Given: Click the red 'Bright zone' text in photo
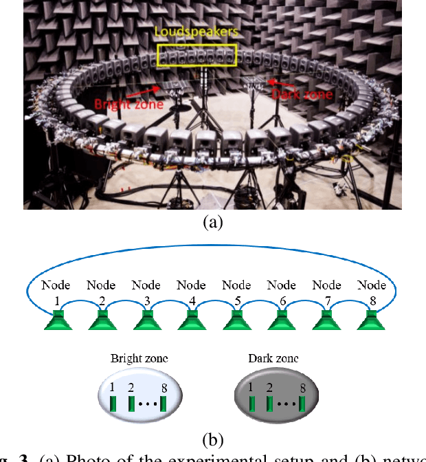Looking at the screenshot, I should point(128,104).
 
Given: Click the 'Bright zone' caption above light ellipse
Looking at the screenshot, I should point(139,359).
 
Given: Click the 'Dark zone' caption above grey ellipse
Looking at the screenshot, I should point(273,359).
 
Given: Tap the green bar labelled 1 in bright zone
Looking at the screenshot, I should point(114,401).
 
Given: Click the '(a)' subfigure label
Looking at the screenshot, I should point(212,222).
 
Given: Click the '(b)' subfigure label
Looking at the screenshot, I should point(214,439).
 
